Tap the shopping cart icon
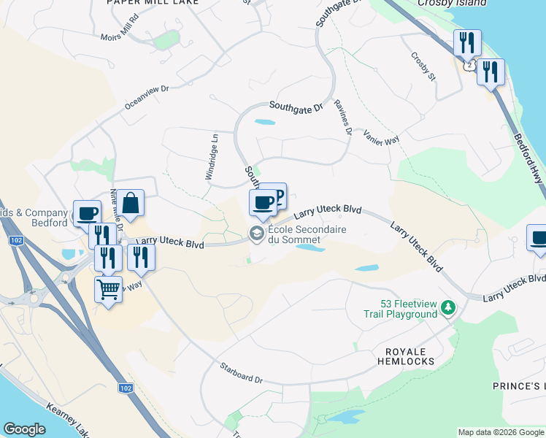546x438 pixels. pos(109,290)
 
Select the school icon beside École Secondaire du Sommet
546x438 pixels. pos(256,234)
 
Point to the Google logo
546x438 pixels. pos(24,429)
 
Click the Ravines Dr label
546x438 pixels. pos(344,117)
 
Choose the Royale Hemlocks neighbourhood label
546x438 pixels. pos(406,356)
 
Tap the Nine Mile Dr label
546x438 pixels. pos(117,218)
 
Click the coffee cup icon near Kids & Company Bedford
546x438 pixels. pos(87,212)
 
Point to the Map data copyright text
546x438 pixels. pos(501,432)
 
